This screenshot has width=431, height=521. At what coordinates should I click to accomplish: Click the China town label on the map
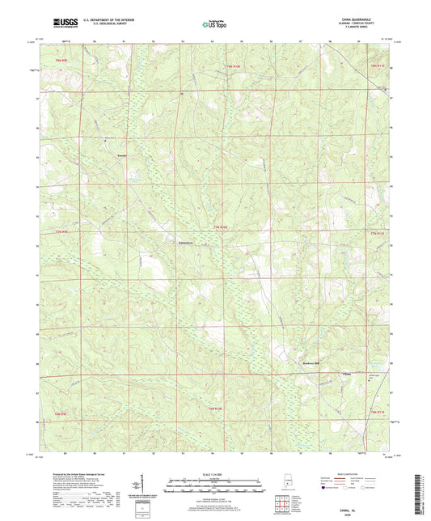pyautogui.click(x=349, y=374)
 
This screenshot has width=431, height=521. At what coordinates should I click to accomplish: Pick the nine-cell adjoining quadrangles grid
pyautogui.click(x=282, y=502)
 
